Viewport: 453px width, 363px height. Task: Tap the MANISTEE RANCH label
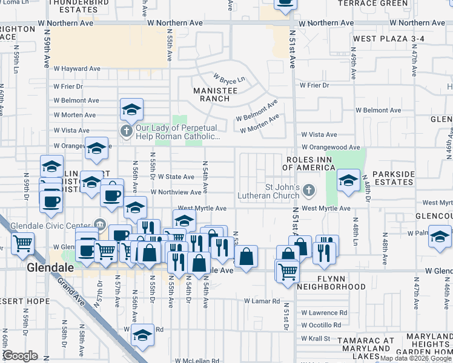pos(211,94)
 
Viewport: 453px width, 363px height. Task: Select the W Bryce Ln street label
pos(228,79)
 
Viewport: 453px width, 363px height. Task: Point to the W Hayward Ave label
pos(76,69)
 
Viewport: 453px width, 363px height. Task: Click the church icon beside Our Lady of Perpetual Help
pos(126,131)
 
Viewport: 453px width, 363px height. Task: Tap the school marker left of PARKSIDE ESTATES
pos(348,181)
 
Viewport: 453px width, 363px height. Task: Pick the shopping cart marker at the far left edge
pos(22,244)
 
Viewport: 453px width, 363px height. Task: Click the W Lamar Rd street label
pos(262,301)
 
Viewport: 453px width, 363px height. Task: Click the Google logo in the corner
pos(20,356)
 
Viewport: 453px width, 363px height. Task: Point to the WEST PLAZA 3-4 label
pos(389,39)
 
